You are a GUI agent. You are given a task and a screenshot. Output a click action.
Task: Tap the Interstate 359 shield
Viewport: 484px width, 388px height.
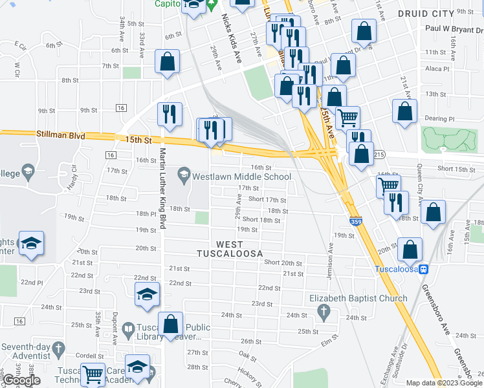coord(355,221)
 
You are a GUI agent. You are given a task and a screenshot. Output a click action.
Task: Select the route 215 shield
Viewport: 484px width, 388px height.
coord(379,155)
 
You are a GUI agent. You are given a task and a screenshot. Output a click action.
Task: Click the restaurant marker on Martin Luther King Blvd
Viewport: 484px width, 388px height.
coord(169,114)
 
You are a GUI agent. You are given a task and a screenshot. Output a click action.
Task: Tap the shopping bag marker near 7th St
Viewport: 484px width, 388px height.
coord(167,63)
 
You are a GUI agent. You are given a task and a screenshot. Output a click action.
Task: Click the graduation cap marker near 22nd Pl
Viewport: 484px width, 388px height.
coord(31,244)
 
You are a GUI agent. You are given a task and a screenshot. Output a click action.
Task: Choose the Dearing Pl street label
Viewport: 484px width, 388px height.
coord(440,119)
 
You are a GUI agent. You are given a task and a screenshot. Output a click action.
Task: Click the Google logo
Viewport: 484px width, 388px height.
coord(21,380)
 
